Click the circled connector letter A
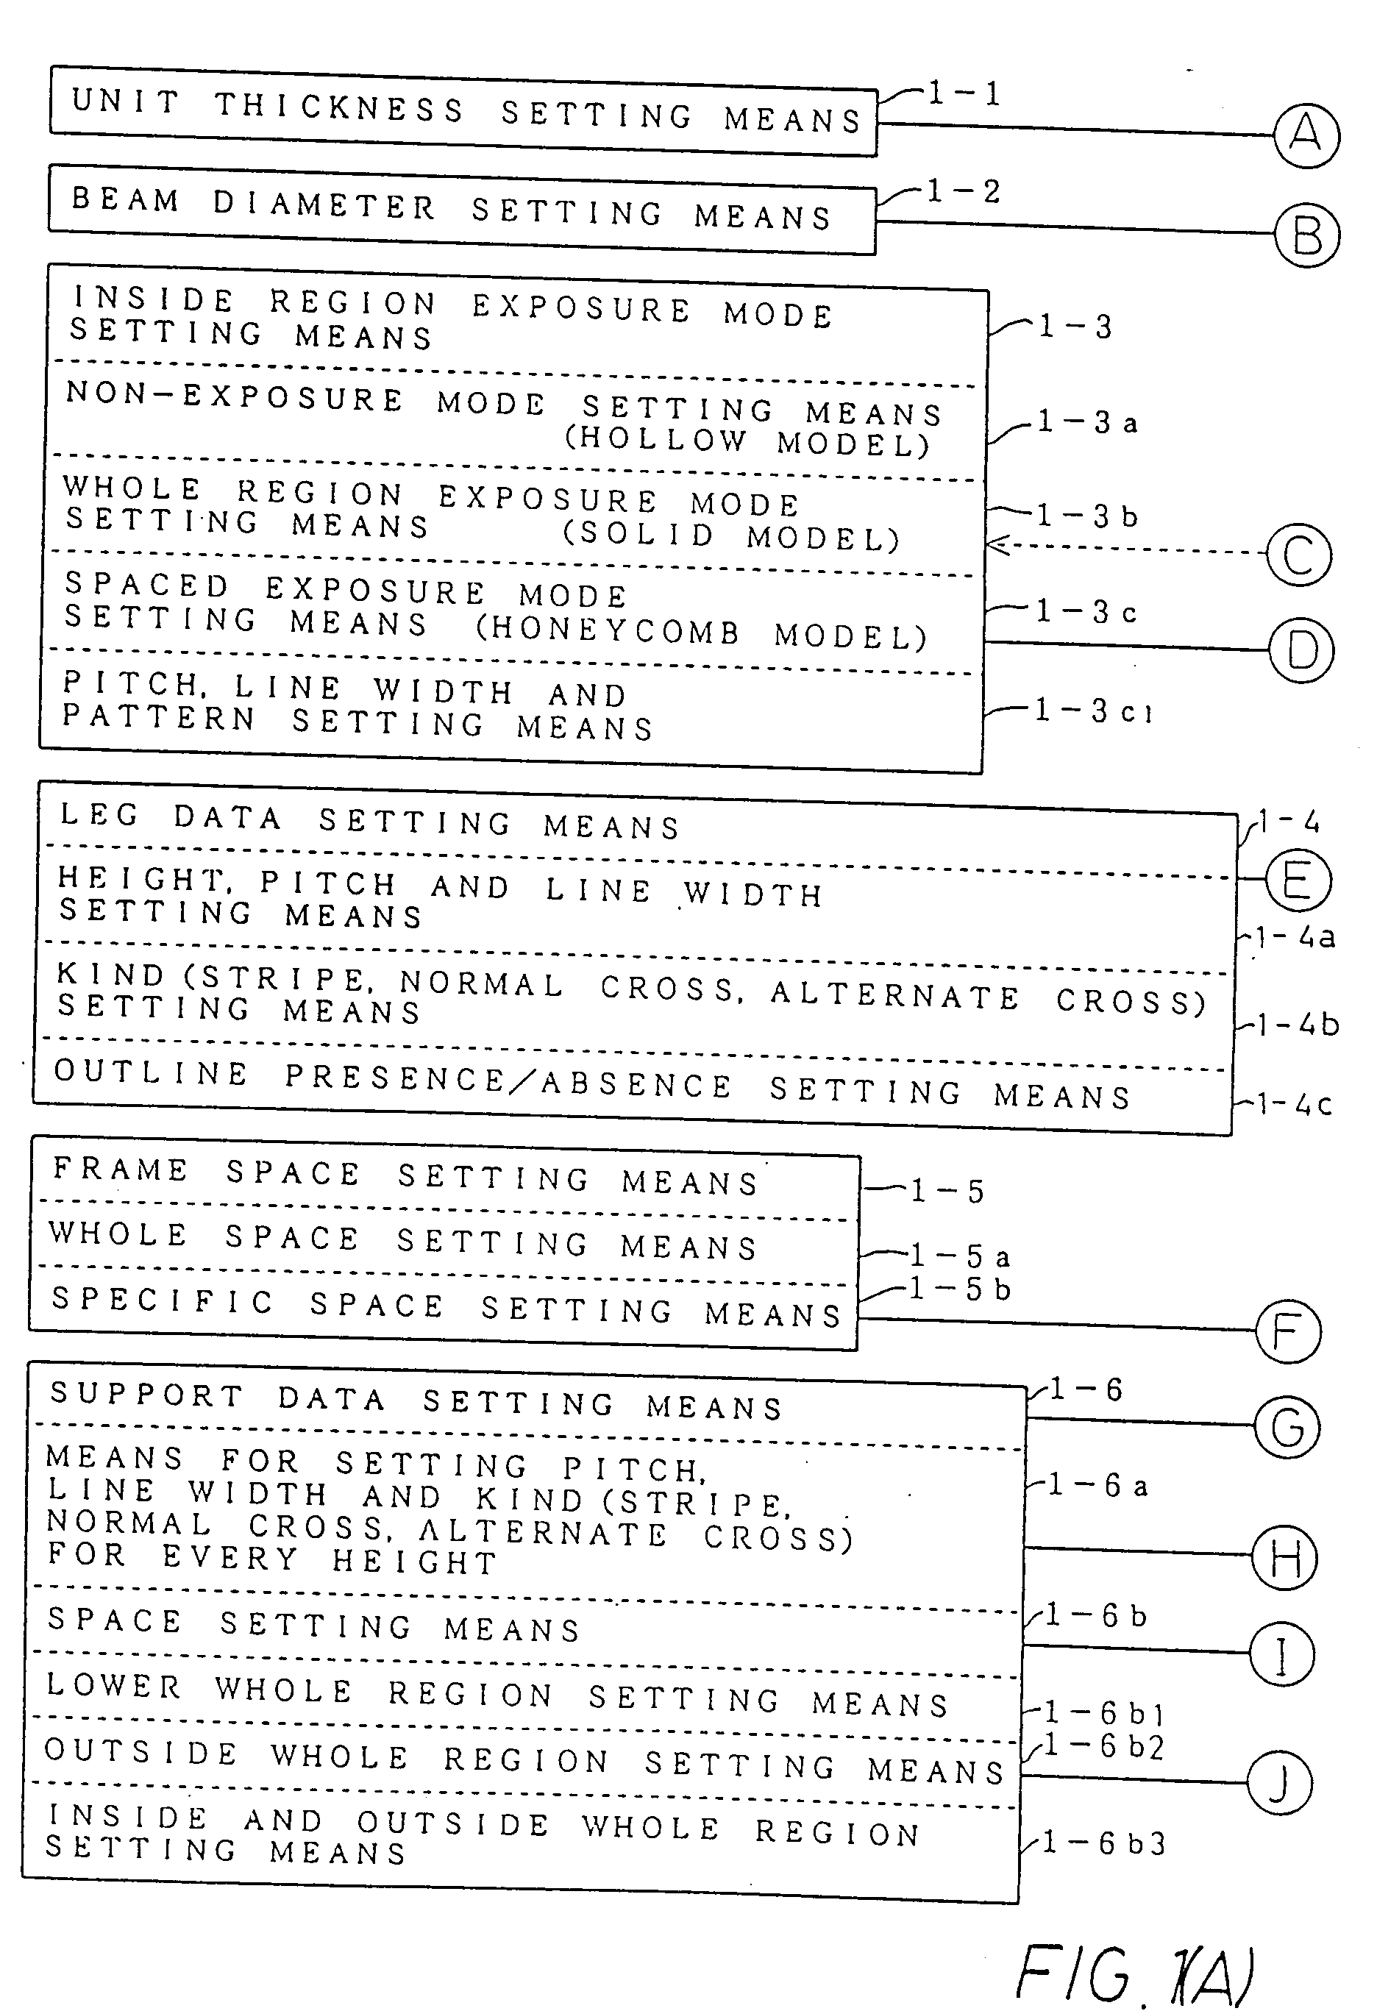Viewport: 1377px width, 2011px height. pyautogui.click(x=1306, y=136)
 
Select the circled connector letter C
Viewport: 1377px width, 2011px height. pyautogui.click(x=1298, y=555)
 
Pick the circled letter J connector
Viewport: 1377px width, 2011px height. pyautogui.click(x=1279, y=1784)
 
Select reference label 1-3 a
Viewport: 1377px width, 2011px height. pyautogui.click(x=1088, y=422)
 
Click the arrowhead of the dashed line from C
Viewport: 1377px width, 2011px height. pyautogui.click(x=994, y=545)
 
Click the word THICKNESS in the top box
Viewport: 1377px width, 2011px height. pyautogui.click(x=339, y=107)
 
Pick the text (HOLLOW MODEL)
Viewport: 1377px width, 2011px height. pyautogui.click(x=748, y=441)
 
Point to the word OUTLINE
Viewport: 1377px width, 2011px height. pyautogui.click(x=152, y=1073)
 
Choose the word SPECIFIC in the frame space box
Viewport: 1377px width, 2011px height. pyautogui.click(x=163, y=1300)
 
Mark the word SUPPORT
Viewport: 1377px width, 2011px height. pyautogui.click(x=147, y=1395)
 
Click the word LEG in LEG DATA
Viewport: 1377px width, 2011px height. pyautogui.click(x=99, y=815)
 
